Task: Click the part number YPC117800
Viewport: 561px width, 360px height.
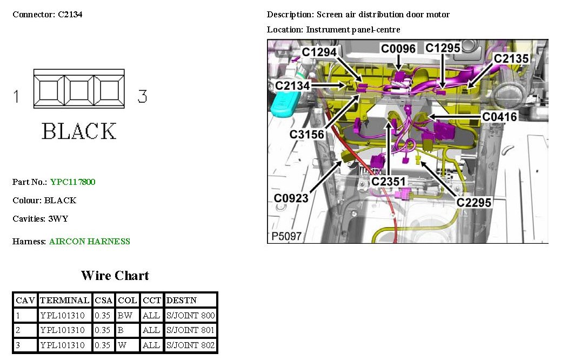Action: tap(72, 182)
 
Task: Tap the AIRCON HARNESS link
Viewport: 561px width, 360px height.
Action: tap(89, 242)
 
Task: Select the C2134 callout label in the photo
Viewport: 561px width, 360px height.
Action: tap(292, 85)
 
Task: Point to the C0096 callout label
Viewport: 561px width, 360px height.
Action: tap(398, 49)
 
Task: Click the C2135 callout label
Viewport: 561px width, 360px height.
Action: tap(511, 58)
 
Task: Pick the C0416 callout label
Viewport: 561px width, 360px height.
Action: tap(499, 117)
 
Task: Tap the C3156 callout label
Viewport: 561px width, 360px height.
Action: tap(306, 134)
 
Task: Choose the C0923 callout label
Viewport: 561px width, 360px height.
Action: tap(291, 198)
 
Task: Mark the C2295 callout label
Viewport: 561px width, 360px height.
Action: tap(473, 203)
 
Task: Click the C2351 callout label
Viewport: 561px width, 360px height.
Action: tap(388, 182)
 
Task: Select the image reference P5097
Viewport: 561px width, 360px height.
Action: tap(286, 237)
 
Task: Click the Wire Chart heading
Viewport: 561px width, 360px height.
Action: tap(115, 276)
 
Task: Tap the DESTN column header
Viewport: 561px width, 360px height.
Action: tap(181, 300)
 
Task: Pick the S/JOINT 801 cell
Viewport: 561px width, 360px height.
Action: tap(190, 330)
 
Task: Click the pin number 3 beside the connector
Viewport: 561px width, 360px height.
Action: tap(142, 97)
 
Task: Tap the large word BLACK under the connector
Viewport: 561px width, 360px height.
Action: tap(79, 131)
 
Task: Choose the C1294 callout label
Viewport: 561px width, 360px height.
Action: tap(319, 52)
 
